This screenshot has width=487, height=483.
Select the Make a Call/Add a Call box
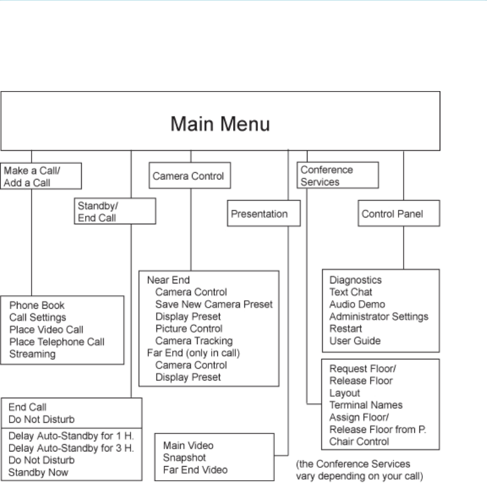41,175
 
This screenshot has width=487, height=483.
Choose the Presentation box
263,214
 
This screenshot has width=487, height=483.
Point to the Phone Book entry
37,305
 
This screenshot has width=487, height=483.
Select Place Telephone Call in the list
56,341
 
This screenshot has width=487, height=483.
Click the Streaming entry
32,354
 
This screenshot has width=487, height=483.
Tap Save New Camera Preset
214,304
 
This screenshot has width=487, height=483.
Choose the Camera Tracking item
194,341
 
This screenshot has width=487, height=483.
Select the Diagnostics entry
356,280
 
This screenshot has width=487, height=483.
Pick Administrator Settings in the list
378,317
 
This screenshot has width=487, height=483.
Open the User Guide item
355,341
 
